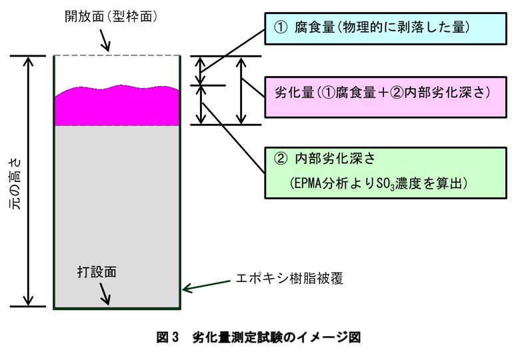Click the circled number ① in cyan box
coord(280,27)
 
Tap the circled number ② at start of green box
coord(280,159)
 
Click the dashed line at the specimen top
coord(117,56)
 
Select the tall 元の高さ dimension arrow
coord(27,181)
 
